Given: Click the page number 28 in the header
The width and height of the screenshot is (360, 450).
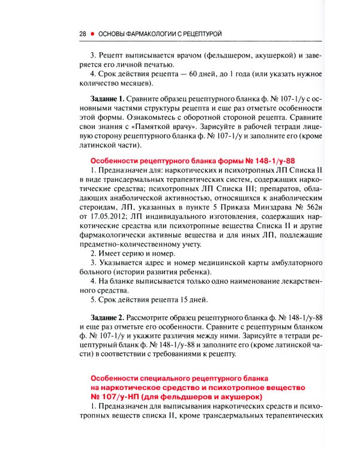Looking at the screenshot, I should (x=83, y=34).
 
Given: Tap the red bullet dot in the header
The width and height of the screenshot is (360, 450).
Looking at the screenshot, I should (x=93, y=34).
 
